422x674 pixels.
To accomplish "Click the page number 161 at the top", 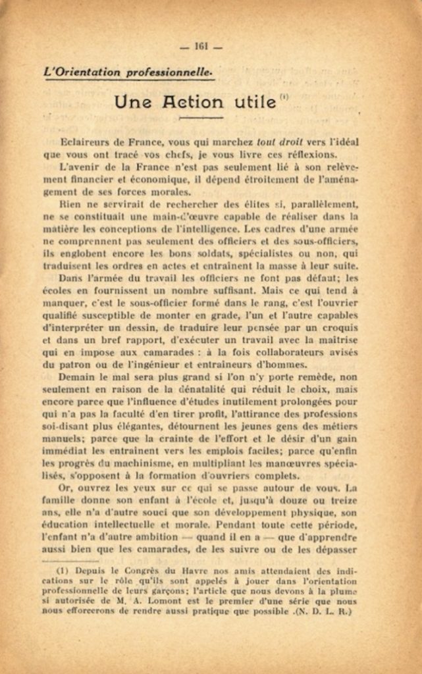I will coord(201,46).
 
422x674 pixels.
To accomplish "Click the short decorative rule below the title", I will coord(201,118).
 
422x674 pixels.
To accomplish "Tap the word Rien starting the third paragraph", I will coord(69,204).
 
